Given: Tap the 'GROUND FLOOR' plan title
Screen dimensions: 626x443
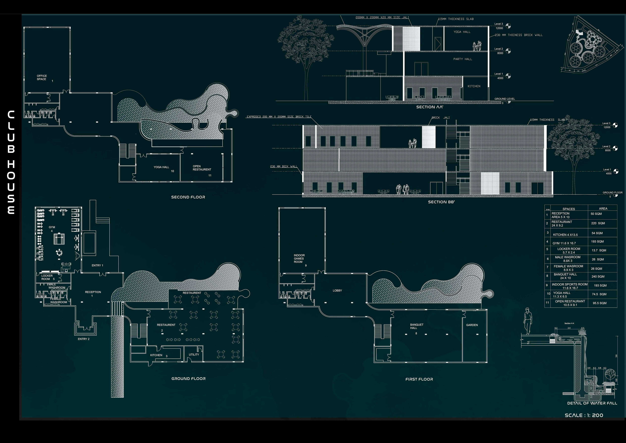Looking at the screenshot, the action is [188, 379].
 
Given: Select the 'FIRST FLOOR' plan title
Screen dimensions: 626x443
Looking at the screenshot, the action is [419, 379].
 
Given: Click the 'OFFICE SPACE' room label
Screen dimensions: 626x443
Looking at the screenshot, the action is [42, 78].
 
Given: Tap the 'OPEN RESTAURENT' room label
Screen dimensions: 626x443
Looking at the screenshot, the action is [202, 168].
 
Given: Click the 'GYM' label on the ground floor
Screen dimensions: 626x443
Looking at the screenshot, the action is [52, 227].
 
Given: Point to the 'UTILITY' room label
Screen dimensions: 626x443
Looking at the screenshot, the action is [194, 355].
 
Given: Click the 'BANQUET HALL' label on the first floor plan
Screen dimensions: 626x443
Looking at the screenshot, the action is [417, 326].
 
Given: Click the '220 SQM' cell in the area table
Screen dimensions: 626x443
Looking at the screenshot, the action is [598, 223].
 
